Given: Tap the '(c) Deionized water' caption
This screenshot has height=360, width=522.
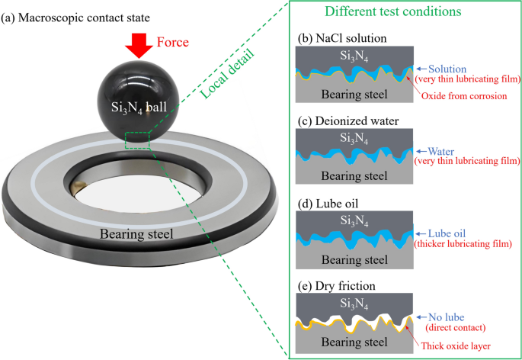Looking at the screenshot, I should [344, 119].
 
